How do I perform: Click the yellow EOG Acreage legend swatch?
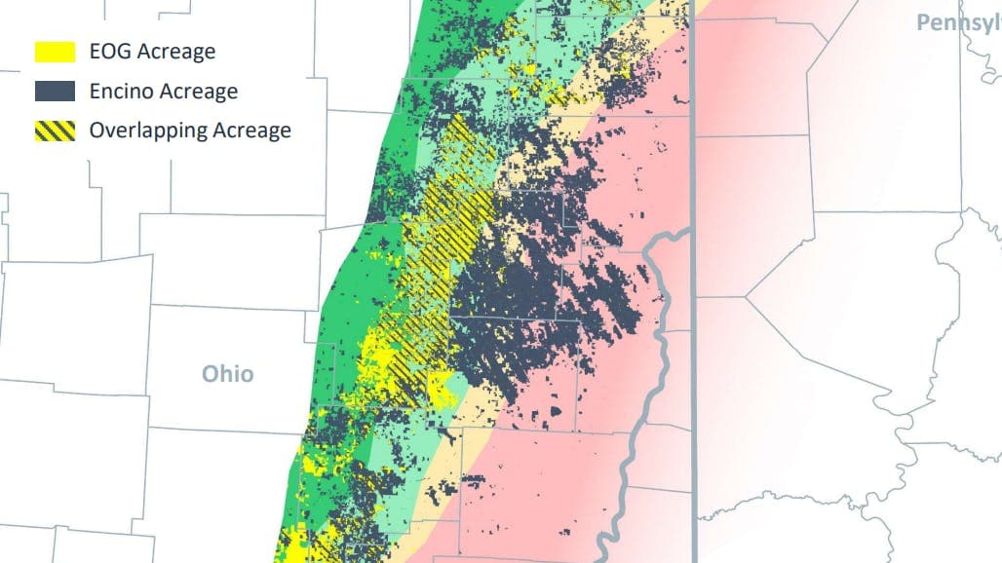click(x=55, y=52)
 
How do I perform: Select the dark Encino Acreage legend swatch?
click(x=55, y=91)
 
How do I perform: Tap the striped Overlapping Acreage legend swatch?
click(x=55, y=130)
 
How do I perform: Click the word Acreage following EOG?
click(x=177, y=53)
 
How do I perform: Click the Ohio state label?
click(x=227, y=374)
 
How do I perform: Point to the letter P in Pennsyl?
click(x=922, y=21)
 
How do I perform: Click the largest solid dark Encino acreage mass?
click(x=526, y=302)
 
